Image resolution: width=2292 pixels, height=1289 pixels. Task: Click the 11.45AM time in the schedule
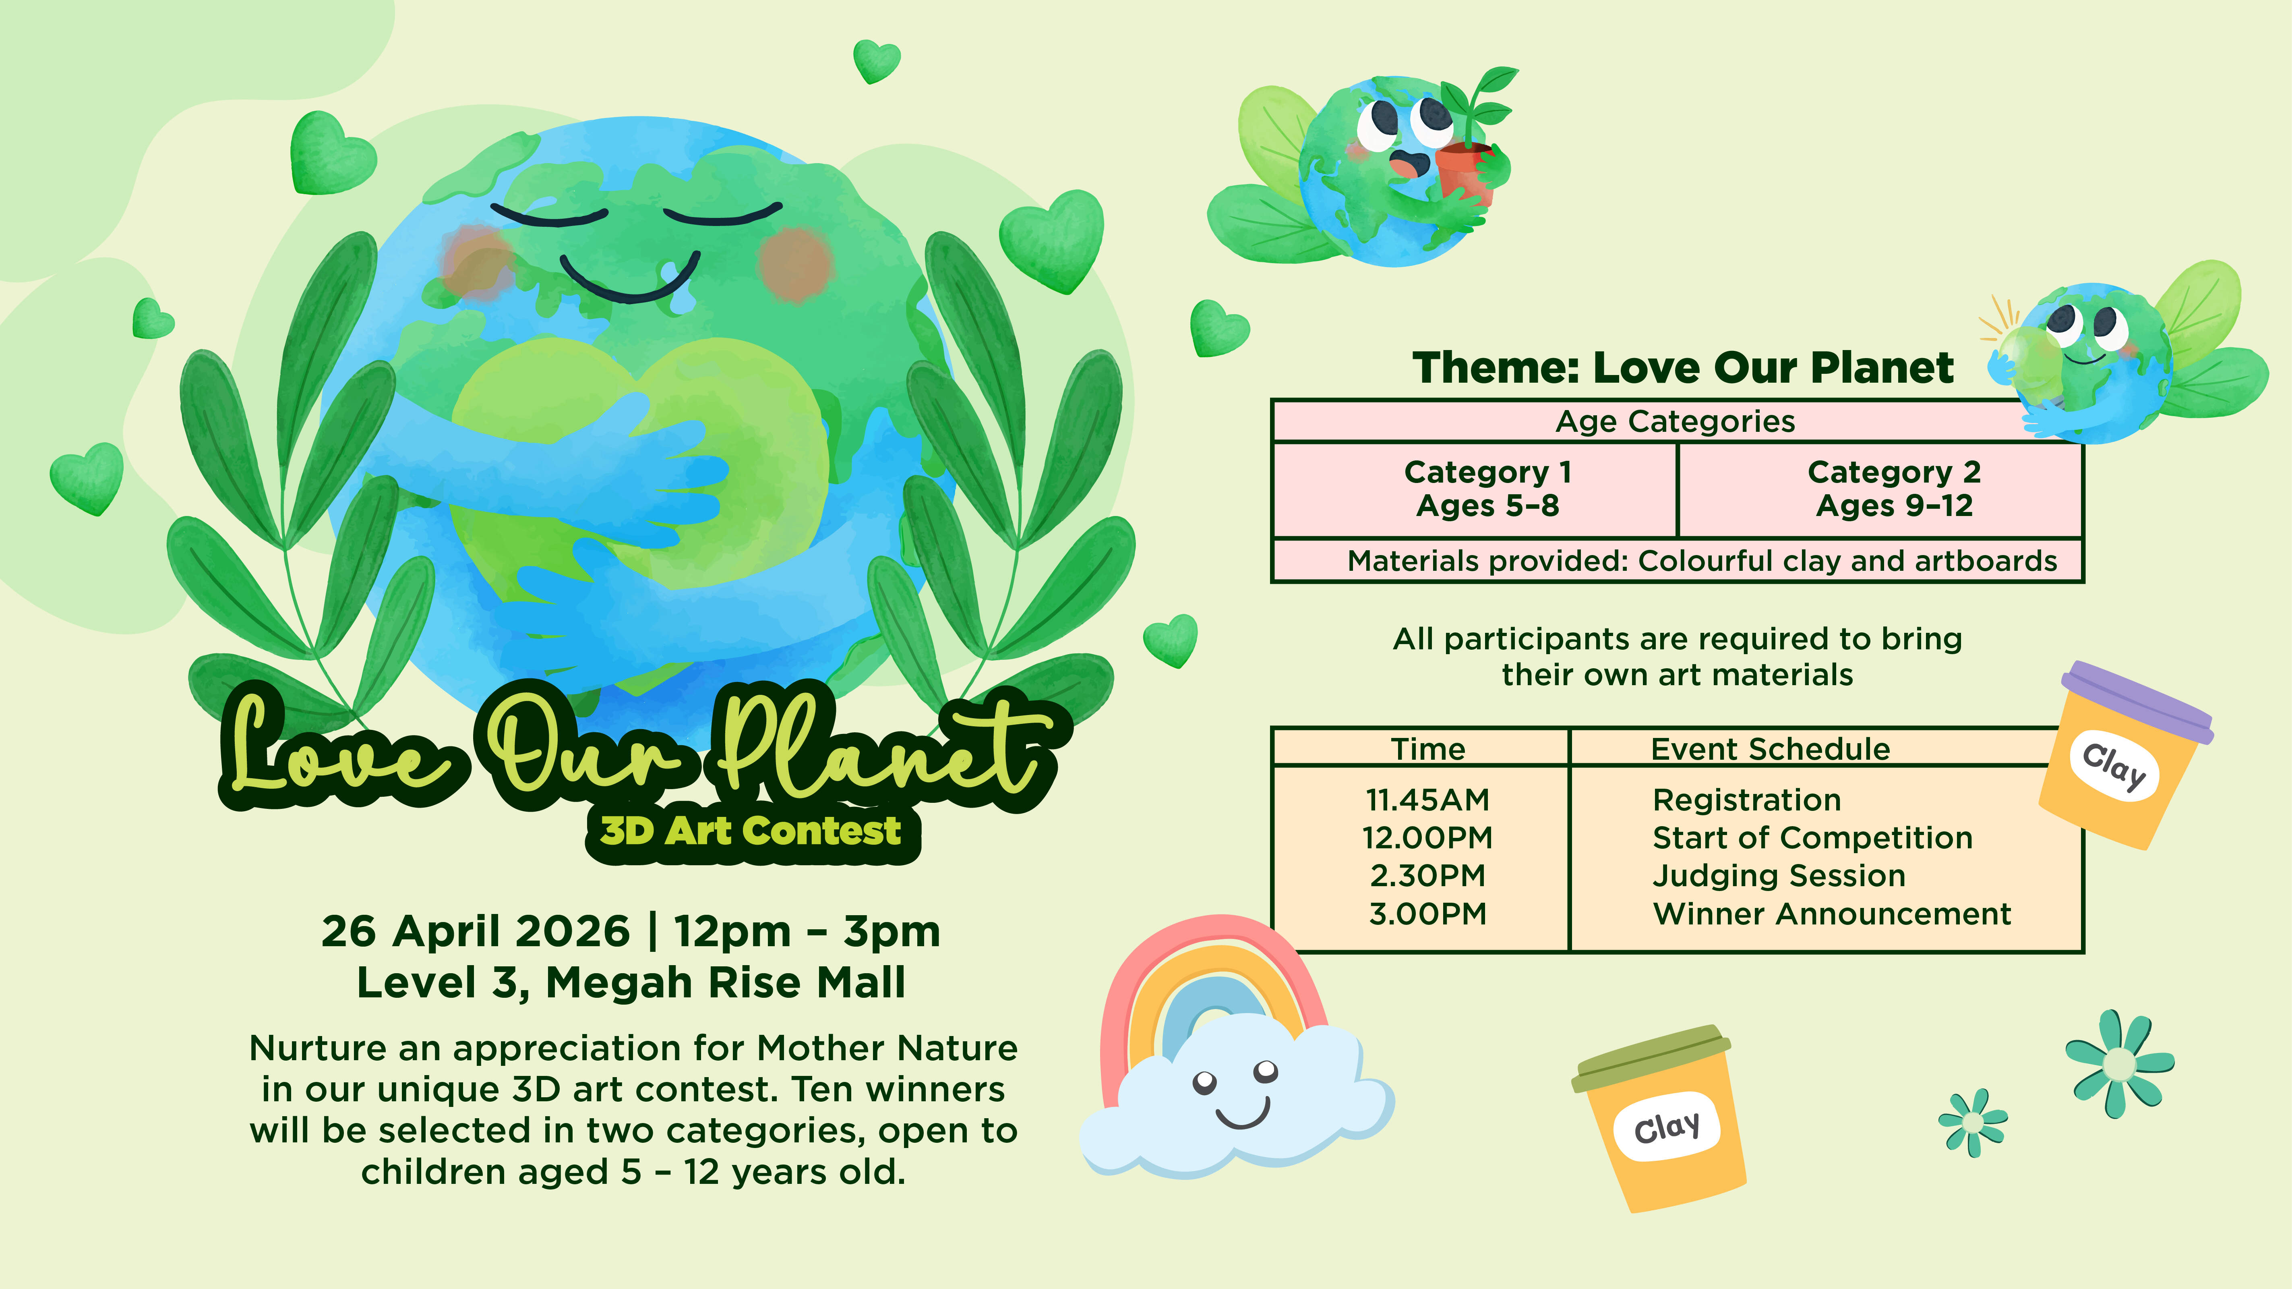click(x=1427, y=800)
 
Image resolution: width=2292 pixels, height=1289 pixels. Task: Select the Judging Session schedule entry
click(x=1779, y=876)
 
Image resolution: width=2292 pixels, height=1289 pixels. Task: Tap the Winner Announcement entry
click(x=1831, y=914)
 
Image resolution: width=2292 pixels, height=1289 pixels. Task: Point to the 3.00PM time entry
click(x=1427, y=914)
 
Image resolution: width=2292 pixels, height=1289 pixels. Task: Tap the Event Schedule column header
click(x=1770, y=750)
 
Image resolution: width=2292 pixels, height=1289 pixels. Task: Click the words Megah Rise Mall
click(x=725, y=983)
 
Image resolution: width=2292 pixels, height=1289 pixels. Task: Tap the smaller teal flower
click(x=1973, y=1123)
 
